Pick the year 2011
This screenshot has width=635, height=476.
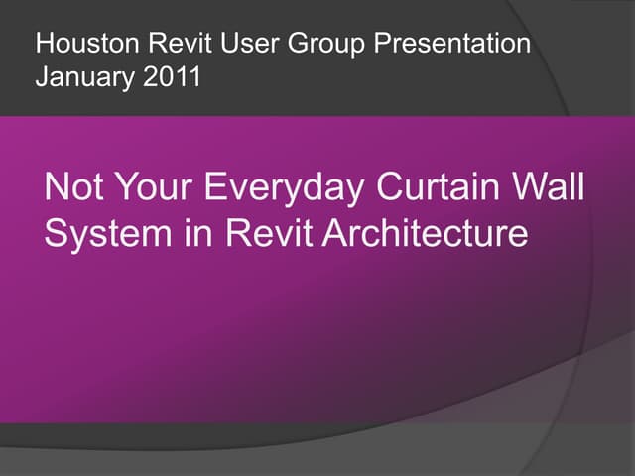pos(170,77)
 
